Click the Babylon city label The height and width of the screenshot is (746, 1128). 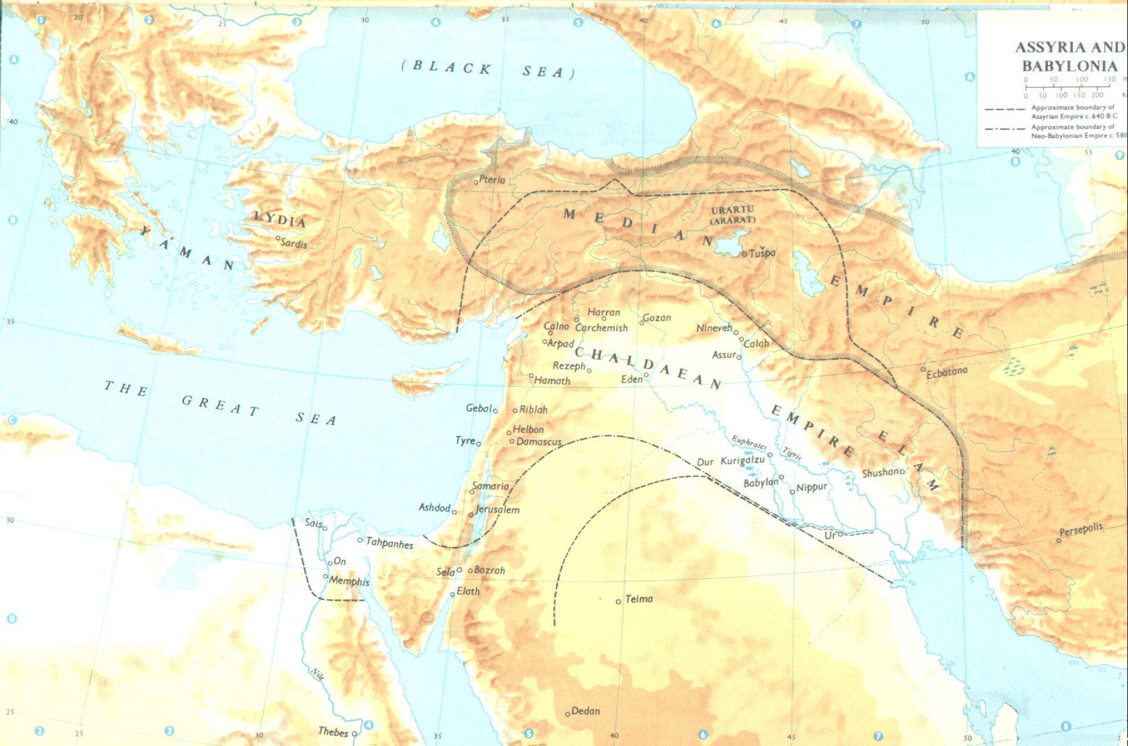[x=760, y=483]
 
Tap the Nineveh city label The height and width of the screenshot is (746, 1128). [x=714, y=328]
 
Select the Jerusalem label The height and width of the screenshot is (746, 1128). [x=498, y=509]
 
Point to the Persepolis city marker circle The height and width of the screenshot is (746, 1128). [x=1059, y=540]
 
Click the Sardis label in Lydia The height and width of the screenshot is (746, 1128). [x=294, y=243]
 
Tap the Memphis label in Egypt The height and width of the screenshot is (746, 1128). [x=349, y=581]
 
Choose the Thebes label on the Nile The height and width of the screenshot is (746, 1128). [x=333, y=732]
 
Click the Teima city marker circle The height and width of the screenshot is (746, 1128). [x=618, y=601]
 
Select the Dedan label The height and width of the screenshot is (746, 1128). [x=586, y=711]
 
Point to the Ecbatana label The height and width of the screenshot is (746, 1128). [x=947, y=372]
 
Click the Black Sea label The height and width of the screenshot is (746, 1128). [x=488, y=69]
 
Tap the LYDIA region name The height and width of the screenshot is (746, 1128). [x=279, y=220]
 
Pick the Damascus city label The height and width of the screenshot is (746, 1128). [x=539, y=442]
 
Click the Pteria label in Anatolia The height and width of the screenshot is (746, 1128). [x=492, y=180]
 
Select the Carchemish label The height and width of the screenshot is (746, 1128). [x=601, y=328]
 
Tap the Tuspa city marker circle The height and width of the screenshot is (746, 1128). [x=744, y=254]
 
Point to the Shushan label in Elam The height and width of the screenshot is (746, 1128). [x=881, y=473]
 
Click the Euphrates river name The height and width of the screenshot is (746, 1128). [x=749, y=442]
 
